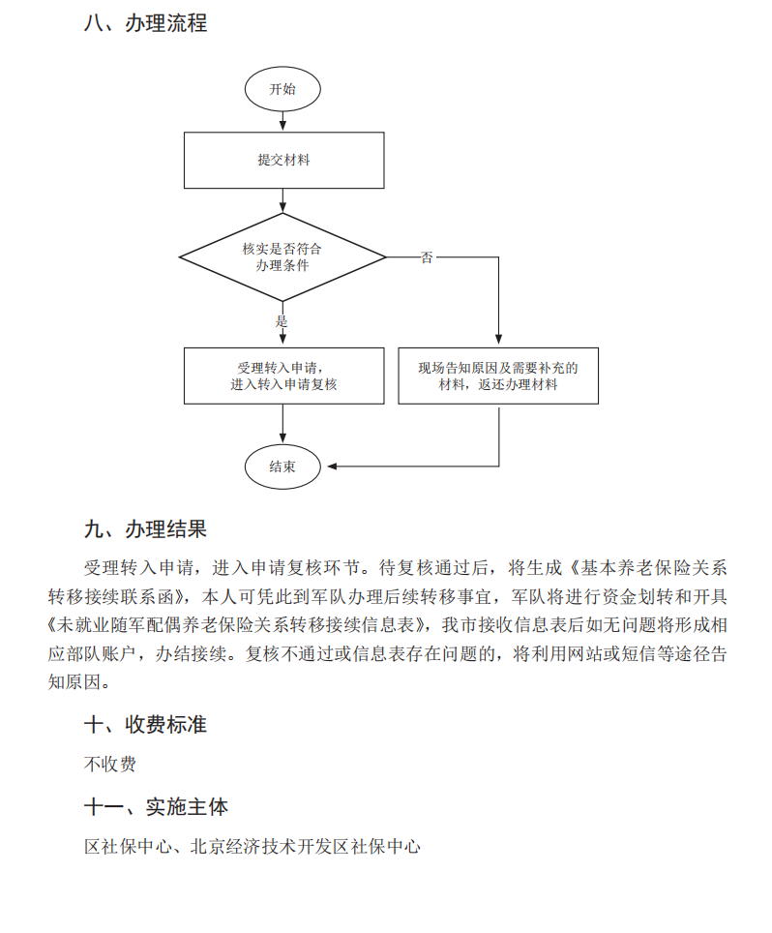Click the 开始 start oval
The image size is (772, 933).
[282, 89]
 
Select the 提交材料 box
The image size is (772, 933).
[283, 160]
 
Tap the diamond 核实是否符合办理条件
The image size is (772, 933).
[282, 257]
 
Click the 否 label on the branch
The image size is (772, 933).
[427, 258]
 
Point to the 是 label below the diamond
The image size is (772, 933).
[282, 320]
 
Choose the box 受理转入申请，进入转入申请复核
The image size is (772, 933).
[283, 376]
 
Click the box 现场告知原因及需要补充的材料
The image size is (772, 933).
[498, 376]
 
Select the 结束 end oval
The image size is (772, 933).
[282, 466]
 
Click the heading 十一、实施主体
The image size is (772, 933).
[156, 806]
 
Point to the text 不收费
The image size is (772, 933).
[110, 765]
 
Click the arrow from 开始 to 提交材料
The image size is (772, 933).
[282, 120]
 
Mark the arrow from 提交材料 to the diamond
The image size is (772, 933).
[282, 200]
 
